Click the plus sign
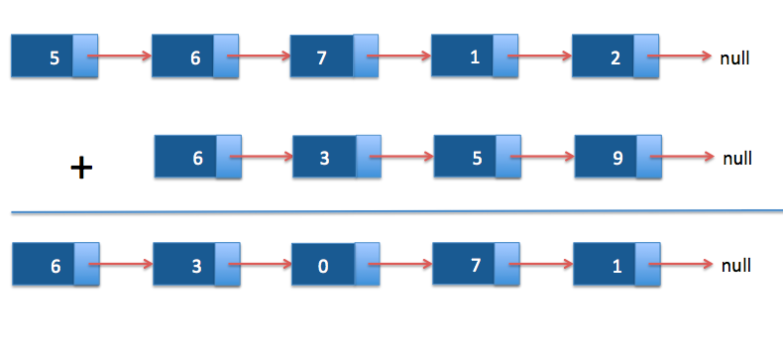click(x=81, y=169)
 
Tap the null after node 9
click(x=738, y=158)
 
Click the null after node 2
click(x=734, y=58)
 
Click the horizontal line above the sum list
click(x=396, y=211)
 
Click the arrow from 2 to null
click(x=679, y=58)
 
